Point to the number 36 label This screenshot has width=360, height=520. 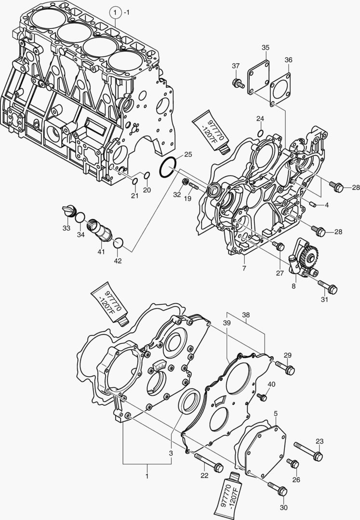tap(288, 60)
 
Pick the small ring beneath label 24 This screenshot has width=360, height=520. tap(260, 133)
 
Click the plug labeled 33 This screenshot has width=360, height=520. tap(69, 210)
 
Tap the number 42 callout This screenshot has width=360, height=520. tap(118, 261)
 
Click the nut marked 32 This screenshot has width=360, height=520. tap(185, 182)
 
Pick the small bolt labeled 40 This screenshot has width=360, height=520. tap(262, 397)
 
